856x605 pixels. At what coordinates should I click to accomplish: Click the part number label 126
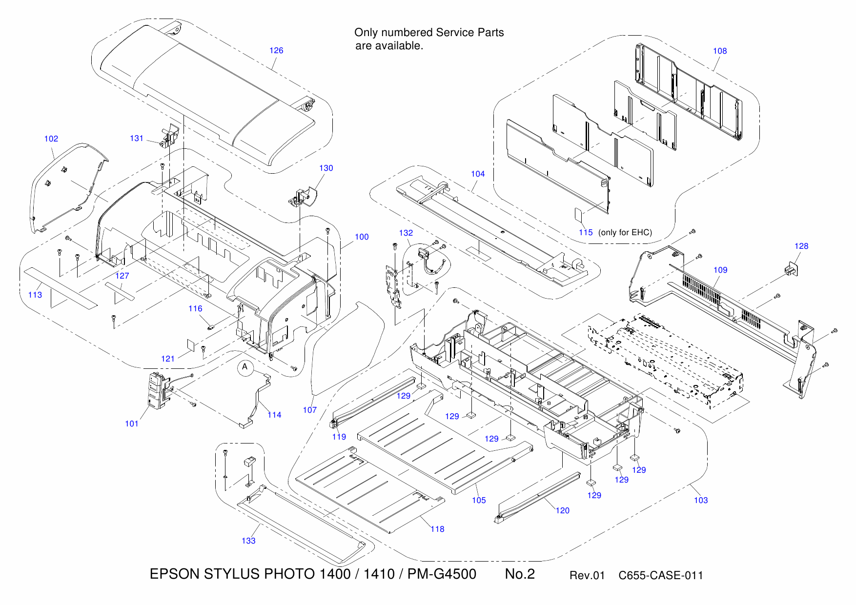coord(276,50)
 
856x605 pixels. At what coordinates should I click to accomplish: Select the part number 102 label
coord(51,139)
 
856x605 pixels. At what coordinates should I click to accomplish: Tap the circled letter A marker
coord(245,367)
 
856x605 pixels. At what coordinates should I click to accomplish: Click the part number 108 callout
coord(720,51)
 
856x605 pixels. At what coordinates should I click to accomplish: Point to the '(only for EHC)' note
coord(625,232)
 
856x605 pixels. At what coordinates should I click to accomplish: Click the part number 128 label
coord(801,246)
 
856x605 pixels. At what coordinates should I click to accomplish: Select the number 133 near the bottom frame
coord(248,541)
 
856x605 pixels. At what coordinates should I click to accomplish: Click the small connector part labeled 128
coord(790,269)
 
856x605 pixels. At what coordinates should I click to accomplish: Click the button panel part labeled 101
coord(157,390)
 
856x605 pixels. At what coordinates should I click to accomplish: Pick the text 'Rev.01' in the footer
coord(587,576)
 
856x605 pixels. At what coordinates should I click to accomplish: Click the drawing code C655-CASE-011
coord(661,576)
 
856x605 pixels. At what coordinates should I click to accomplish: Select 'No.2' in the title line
coord(520,574)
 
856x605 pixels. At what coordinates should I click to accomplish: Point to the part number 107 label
coord(310,410)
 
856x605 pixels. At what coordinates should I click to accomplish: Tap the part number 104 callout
coord(478,174)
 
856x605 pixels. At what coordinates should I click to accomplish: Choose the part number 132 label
coord(406,233)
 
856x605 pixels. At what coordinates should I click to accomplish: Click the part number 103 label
coord(701,500)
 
